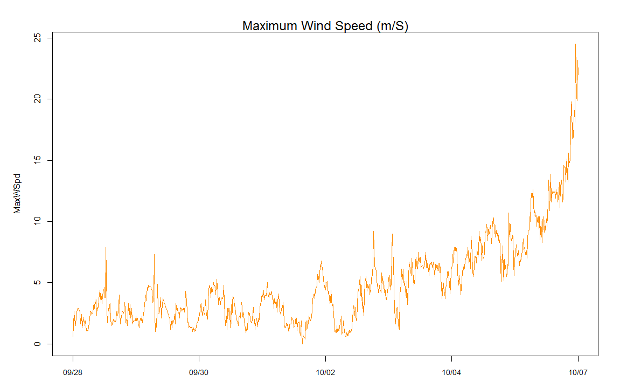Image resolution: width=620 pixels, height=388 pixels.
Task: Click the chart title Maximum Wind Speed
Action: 325,25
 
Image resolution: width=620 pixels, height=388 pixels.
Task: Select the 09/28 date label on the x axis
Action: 73,372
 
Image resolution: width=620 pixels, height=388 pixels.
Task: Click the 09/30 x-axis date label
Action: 199,372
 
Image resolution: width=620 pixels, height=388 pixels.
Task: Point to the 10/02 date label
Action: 325,372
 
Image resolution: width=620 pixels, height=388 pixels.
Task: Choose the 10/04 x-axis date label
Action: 451,372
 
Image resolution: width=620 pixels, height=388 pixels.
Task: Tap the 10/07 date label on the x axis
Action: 578,372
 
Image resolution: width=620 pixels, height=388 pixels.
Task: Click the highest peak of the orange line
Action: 575,44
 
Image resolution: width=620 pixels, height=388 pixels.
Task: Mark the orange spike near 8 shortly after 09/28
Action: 106,248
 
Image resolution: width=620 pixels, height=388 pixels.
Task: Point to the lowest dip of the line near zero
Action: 302,343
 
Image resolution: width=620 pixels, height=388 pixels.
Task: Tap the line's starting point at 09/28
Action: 73,336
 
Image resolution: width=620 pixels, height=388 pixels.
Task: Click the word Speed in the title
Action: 347,25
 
